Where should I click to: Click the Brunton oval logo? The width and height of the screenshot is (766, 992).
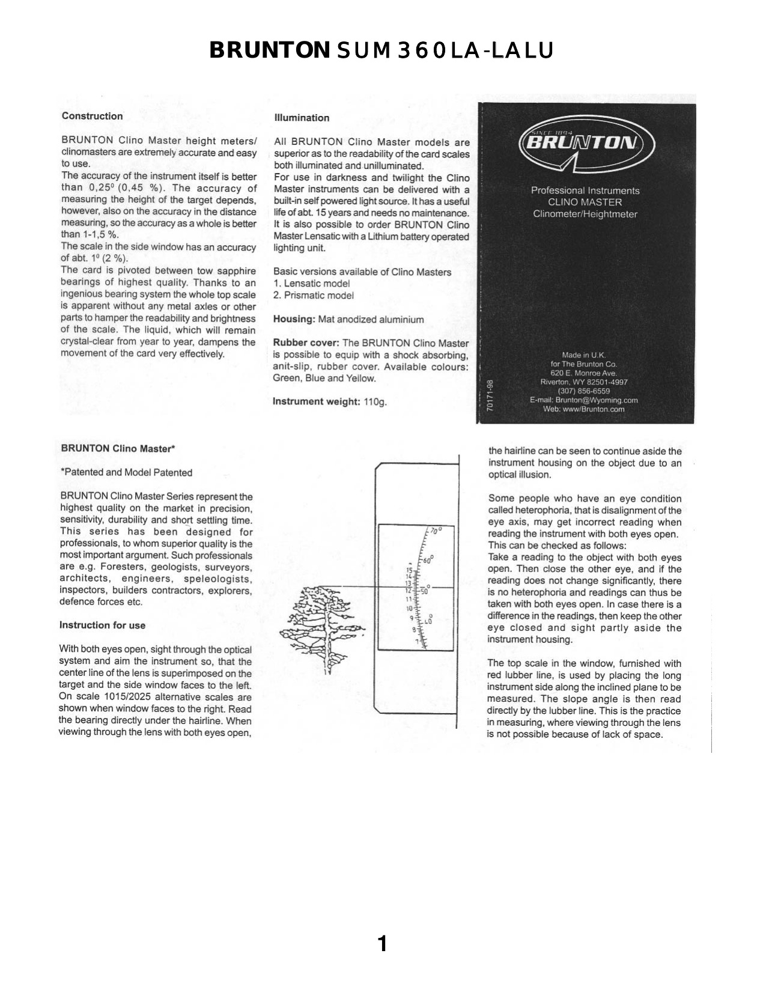point(585,144)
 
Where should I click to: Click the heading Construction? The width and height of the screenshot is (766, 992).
point(92,117)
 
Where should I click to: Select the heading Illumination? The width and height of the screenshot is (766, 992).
point(302,118)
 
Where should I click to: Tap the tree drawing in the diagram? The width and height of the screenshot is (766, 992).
point(318,622)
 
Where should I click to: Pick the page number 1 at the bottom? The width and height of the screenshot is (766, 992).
point(382,944)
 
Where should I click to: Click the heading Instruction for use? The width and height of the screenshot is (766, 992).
point(102,625)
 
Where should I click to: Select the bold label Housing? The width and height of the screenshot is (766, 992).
point(294,320)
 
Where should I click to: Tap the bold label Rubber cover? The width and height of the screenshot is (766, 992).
point(306,343)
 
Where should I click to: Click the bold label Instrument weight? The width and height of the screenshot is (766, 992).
point(316,401)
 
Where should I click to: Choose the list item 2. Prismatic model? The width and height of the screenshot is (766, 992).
point(313,296)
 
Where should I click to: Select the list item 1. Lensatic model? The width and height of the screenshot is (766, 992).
point(311,284)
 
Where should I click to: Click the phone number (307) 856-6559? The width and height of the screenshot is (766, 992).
point(583,391)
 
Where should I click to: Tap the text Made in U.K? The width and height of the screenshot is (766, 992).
point(583,355)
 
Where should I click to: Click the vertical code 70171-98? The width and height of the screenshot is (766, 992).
point(490,395)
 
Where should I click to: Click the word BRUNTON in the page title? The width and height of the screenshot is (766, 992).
point(269,50)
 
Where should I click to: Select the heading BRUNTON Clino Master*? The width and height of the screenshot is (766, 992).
point(118,449)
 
